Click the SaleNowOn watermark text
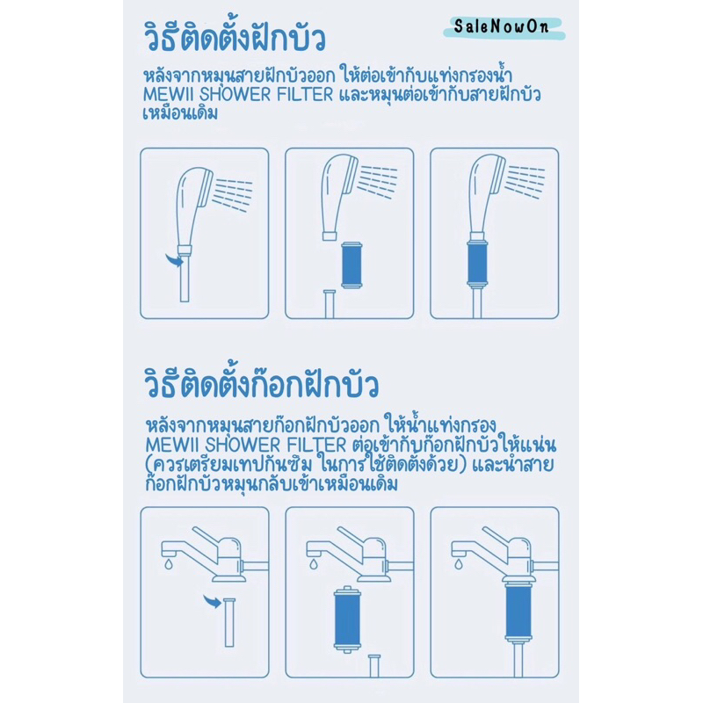click(501, 26)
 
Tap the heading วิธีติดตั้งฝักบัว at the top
click(234, 36)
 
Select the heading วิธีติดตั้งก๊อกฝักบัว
click(261, 382)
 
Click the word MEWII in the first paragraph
click(169, 95)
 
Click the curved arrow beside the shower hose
click(174, 259)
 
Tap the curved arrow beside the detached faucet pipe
click(212, 601)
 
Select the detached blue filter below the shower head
click(351, 265)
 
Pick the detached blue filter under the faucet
click(347, 619)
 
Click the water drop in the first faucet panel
click(169, 564)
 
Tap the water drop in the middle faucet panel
click(314, 563)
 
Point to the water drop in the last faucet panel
click(458, 563)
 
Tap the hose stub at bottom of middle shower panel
click(330, 304)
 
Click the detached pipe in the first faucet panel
click(229, 622)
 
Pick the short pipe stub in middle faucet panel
click(374, 666)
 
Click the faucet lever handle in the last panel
click(500, 537)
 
